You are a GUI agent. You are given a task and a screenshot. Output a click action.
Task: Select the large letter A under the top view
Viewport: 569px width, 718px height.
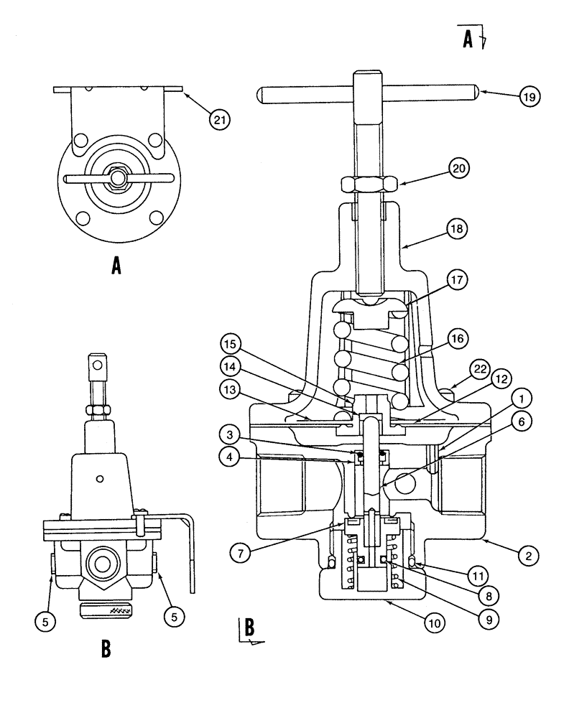(115, 269)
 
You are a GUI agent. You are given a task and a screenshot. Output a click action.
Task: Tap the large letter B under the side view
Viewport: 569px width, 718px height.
(106, 648)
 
